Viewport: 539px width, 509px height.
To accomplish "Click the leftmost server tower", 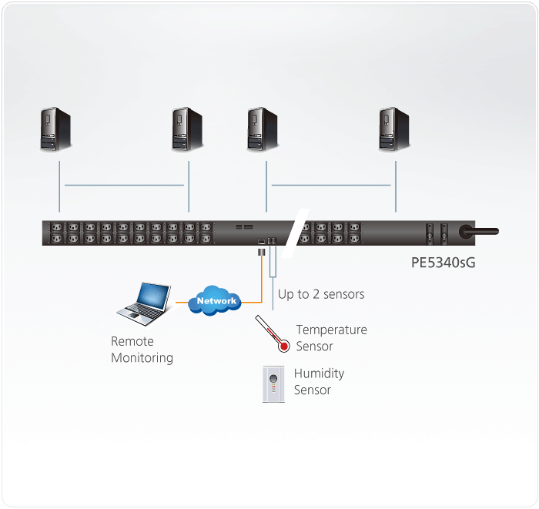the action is pyautogui.click(x=55, y=129).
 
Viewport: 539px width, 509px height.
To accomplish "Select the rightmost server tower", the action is pyautogui.click(x=394, y=129).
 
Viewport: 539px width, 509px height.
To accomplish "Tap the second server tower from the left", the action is pyautogui.click(x=187, y=129).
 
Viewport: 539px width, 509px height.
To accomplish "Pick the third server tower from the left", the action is pyautogui.click(x=263, y=129).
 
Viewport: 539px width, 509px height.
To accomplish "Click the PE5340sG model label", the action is pyautogui.click(x=443, y=263).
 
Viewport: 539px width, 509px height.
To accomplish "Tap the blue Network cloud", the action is pyautogui.click(x=215, y=301).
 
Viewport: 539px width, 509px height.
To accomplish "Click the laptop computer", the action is pyautogui.click(x=144, y=304).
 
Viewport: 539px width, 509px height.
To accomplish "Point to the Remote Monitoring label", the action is pyautogui.click(x=142, y=350).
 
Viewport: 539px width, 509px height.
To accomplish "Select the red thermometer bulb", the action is pyautogui.click(x=283, y=347).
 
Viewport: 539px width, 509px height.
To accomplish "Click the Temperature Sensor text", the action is pyautogui.click(x=331, y=338).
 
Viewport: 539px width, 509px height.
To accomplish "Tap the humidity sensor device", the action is pyautogui.click(x=273, y=384).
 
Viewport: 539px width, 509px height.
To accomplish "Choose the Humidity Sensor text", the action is pyautogui.click(x=319, y=381).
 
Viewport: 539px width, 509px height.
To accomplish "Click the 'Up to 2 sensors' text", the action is pyautogui.click(x=321, y=294).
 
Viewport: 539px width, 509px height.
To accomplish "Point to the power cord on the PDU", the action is pyautogui.click(x=479, y=231).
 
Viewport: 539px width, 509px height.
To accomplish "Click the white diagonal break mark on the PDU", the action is pyautogui.click(x=295, y=233).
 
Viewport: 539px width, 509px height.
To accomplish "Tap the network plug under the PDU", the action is pyautogui.click(x=262, y=253).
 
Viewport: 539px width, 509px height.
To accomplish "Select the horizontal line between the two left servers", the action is pyautogui.click(x=124, y=186).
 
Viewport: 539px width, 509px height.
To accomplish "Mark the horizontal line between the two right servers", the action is pyautogui.click(x=331, y=186).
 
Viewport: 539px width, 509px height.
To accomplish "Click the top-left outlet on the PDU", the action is pyautogui.click(x=57, y=227).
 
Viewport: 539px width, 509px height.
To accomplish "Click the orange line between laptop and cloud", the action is pyautogui.click(x=182, y=303).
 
